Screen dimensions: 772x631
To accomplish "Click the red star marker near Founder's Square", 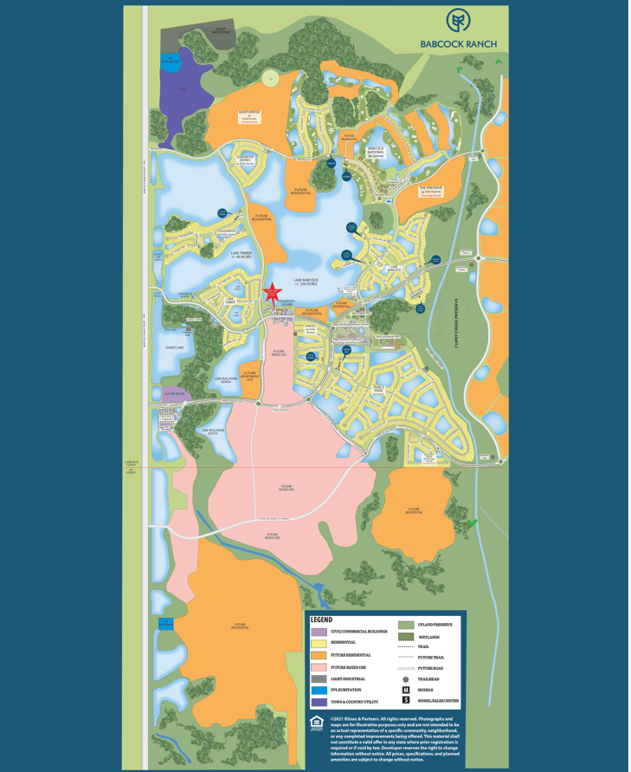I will click(x=274, y=292).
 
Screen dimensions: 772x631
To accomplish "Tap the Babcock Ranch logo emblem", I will click(x=459, y=21).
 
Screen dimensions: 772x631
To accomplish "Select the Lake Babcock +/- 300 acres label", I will click(x=306, y=282).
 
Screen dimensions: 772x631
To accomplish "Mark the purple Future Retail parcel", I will click(x=174, y=393).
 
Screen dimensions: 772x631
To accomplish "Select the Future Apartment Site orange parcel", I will click(x=249, y=375).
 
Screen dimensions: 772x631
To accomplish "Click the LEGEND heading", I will click(x=321, y=620).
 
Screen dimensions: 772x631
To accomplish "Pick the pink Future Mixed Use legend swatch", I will click(x=318, y=667).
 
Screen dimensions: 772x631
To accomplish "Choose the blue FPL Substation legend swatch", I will click(x=318, y=691).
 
